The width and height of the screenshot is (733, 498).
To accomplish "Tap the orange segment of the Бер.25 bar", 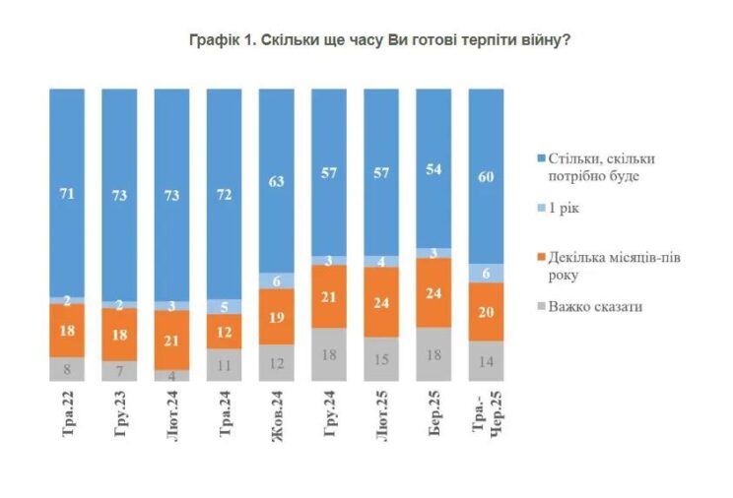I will coord(433,292).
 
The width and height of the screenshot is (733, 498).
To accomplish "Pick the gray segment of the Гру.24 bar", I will coord(329,355).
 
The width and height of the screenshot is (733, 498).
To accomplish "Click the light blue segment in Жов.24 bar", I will coord(277,280).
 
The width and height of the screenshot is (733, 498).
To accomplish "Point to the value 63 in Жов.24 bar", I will coord(277,181).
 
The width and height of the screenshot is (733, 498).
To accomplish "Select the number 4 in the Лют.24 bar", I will coord(172,375).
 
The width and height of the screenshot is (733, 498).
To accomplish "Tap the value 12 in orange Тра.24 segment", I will coord(225,331).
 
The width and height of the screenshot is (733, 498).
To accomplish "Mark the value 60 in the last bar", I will coord(486,177).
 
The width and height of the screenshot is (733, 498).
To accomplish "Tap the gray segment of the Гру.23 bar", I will coord(120,371).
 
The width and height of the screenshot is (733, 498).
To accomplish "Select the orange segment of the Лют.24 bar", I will coord(172,340).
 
